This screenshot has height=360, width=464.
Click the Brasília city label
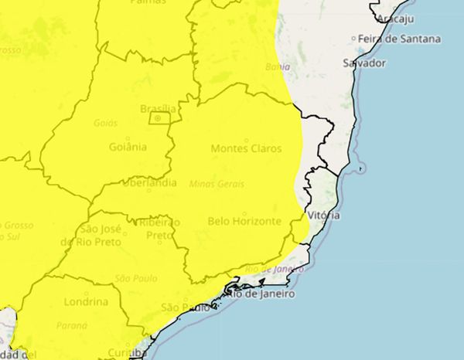pyautogui.click(x=158, y=108)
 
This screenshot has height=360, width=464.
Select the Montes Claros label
pyautogui.click(x=246, y=148)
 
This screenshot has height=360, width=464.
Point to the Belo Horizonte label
pyautogui.click(x=244, y=221)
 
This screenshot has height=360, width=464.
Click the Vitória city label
pyautogui.click(x=323, y=215)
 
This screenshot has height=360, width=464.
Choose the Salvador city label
pyautogui.click(x=364, y=63)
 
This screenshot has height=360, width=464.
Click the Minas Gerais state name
pyautogui.click(x=217, y=184)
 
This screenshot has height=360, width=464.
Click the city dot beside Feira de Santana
pyautogui.click(x=353, y=39)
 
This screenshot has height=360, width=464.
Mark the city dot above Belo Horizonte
pyautogui.click(x=244, y=212)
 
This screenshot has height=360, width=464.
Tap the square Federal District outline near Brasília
pyautogui.click(x=159, y=118)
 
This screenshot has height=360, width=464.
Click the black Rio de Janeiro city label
pyautogui.click(x=255, y=293)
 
